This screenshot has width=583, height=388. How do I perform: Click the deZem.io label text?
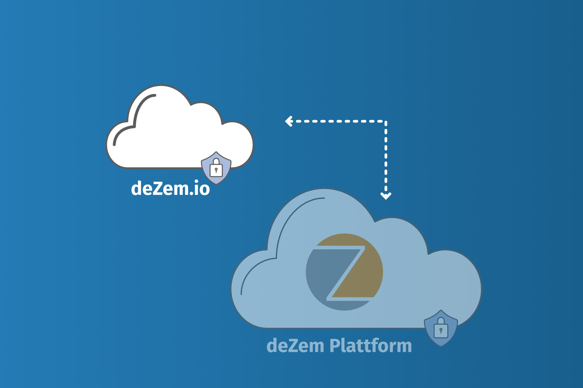[170, 188]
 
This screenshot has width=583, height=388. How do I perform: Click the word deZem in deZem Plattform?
[295, 345]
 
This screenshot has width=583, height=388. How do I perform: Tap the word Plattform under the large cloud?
[370, 345]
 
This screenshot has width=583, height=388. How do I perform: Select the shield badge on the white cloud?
[216, 168]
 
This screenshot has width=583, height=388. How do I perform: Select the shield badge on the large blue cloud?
[441, 328]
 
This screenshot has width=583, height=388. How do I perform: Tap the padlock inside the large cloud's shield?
[441, 329]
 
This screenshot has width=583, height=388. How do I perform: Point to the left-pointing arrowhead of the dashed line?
[289, 121]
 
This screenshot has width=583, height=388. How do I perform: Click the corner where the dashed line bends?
[386, 121]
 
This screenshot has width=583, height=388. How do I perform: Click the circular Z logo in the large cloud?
[344, 272]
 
